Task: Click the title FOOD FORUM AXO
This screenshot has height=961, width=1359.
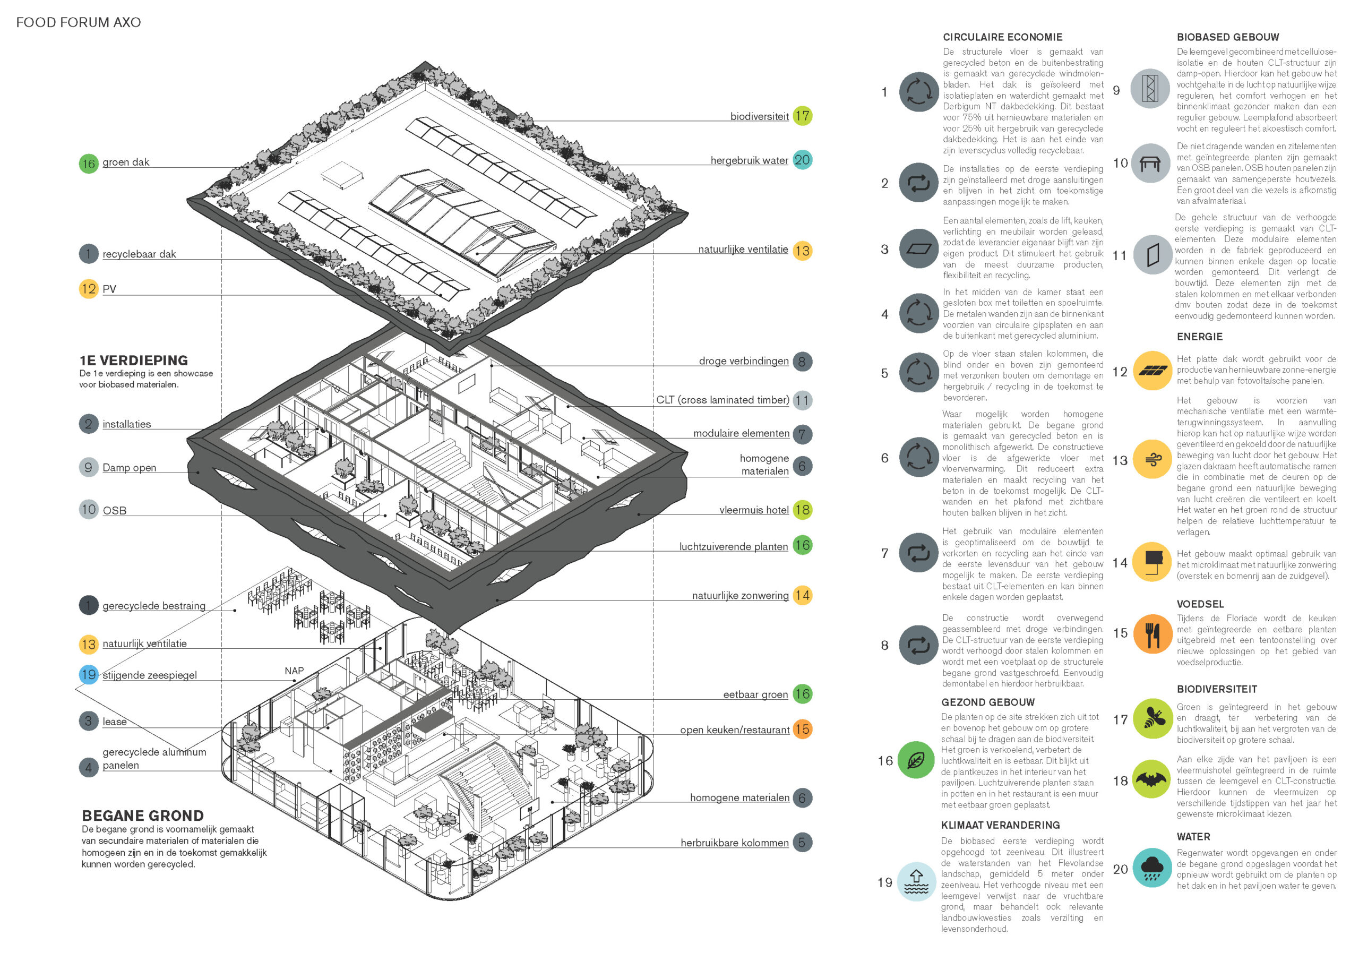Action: (x=78, y=22)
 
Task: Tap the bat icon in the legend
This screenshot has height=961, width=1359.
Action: (x=1151, y=779)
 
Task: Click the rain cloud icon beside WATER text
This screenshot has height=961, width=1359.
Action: (x=1152, y=869)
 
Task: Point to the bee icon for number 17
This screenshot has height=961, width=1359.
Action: (x=1152, y=719)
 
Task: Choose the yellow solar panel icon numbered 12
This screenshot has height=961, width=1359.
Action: (x=1152, y=371)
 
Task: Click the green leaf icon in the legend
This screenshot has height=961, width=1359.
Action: (x=917, y=760)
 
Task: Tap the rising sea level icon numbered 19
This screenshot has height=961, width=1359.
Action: (x=917, y=882)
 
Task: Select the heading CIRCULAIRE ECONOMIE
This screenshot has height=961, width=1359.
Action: (x=1002, y=37)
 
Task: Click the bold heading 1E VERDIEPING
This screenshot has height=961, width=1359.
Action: (x=134, y=361)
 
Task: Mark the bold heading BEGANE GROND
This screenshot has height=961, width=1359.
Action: (x=143, y=816)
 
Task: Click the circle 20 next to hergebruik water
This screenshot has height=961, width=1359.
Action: (x=802, y=160)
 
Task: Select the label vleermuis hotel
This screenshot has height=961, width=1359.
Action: (x=753, y=510)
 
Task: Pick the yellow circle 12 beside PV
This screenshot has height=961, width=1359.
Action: (x=89, y=289)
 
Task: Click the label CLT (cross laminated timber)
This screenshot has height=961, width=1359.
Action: (x=722, y=400)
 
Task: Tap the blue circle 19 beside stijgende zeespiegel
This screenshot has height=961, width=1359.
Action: (x=89, y=674)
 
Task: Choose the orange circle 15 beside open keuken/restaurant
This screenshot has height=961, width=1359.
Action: (x=802, y=730)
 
